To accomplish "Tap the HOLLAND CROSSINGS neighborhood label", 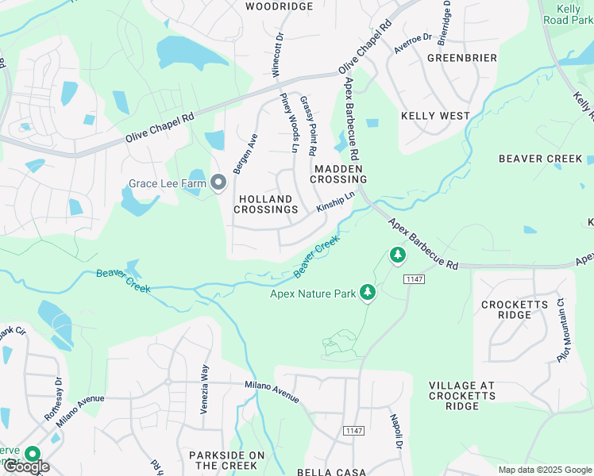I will [266, 204].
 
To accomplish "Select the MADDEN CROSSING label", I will [338, 174].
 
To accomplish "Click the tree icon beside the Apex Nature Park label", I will [367, 294].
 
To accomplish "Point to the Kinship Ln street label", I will [335, 201].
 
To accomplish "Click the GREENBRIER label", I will [461, 58].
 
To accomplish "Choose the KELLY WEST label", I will [435, 116].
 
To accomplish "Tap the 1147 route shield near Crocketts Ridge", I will [413, 279].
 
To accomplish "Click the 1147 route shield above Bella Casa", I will [354, 431].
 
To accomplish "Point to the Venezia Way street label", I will [204, 383].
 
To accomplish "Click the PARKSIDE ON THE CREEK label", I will [226, 460].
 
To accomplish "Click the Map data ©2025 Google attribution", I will [544, 470].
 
